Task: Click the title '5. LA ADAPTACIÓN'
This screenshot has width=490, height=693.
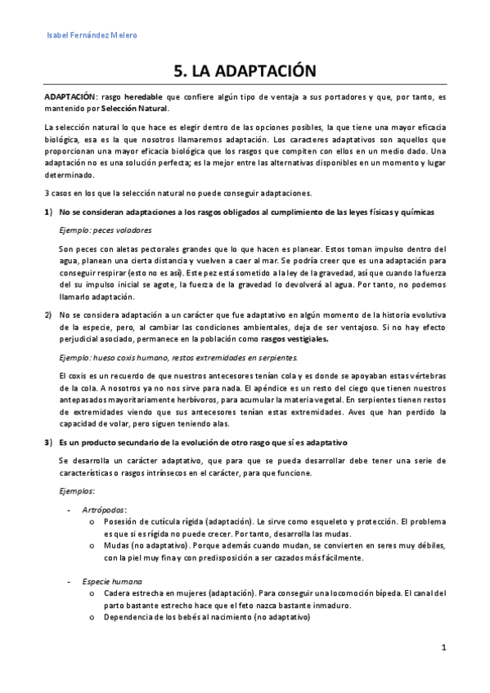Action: click(x=245, y=71)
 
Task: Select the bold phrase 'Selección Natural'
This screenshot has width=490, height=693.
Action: click(x=134, y=108)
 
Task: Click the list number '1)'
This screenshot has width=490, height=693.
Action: click(x=47, y=212)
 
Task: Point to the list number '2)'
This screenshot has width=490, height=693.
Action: click(x=47, y=315)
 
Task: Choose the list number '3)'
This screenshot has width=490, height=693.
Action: click(x=47, y=442)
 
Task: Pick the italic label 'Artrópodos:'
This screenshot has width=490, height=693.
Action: click(x=105, y=508)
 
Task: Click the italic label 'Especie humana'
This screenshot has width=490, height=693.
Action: click(x=111, y=579)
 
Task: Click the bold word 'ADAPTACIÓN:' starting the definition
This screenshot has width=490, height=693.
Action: click(x=71, y=96)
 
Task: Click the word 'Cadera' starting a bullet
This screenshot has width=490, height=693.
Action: click(x=119, y=593)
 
